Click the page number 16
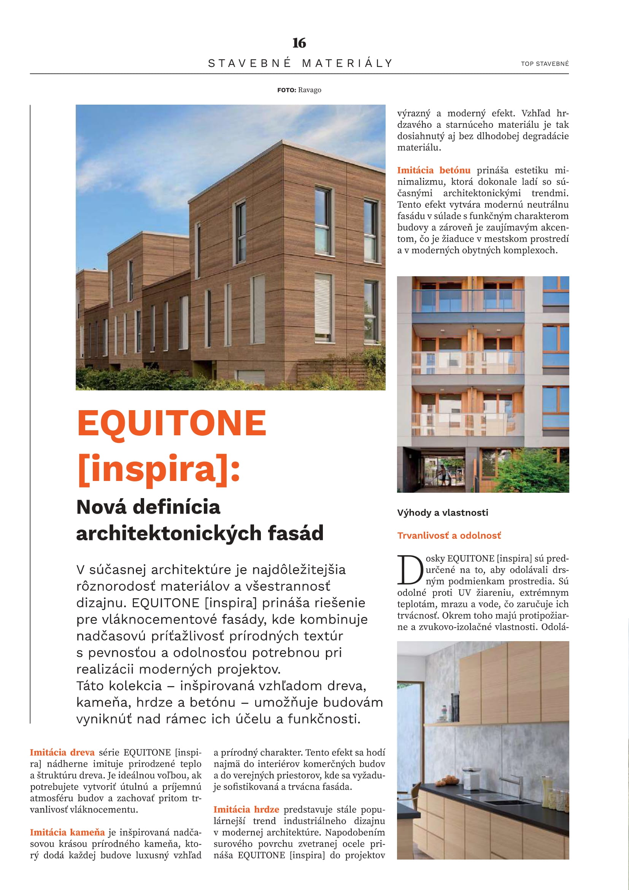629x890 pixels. [x=299, y=43]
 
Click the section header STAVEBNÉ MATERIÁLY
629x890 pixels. [x=300, y=63]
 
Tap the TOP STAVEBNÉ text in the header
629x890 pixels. [x=545, y=64]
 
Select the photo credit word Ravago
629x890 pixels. [x=310, y=90]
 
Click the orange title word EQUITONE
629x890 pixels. [x=172, y=423]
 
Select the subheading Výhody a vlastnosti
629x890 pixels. [x=442, y=513]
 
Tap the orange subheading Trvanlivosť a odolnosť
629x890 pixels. [x=449, y=535]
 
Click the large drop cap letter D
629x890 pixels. [x=410, y=570]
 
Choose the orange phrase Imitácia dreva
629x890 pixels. [x=62, y=752]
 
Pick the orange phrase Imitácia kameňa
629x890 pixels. [x=67, y=832]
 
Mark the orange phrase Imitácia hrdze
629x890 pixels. [x=246, y=809]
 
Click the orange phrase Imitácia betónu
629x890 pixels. [x=434, y=170]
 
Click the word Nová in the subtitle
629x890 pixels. [x=101, y=507]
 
